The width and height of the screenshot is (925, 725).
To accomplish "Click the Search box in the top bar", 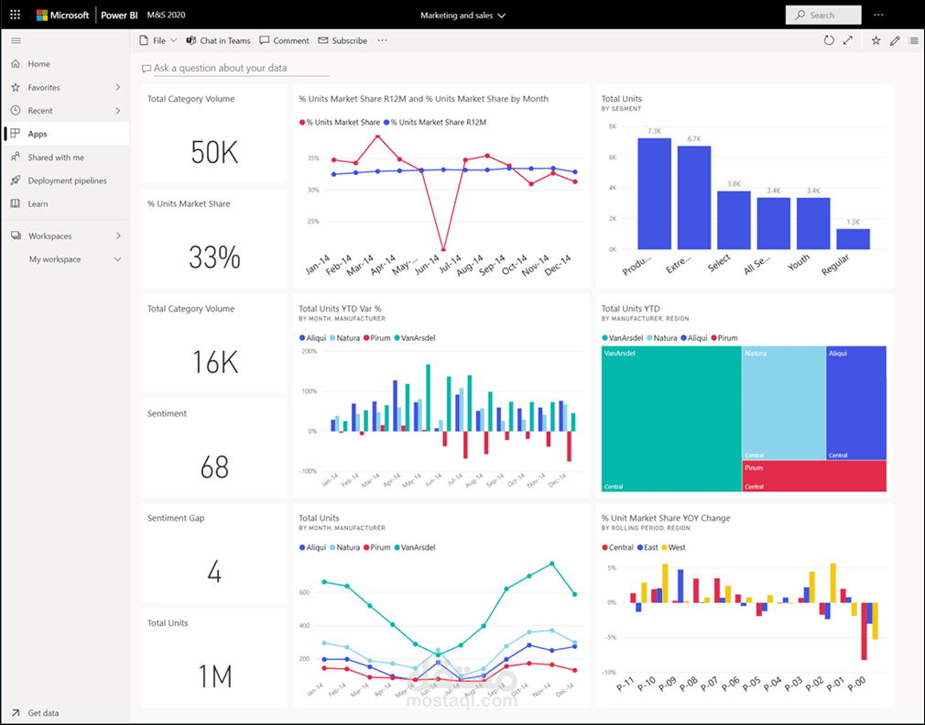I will pos(822,15).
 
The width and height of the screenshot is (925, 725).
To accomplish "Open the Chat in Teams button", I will pos(218,40).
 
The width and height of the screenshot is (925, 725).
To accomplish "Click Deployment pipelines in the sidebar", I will pos(67,181).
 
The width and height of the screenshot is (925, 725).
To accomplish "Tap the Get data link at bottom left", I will pos(44,712).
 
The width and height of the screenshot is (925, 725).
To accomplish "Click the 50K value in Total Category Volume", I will pos(214,153).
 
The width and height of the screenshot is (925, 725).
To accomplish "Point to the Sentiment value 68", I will pos(214,467).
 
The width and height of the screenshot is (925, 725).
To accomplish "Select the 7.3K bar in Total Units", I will pos(654,193).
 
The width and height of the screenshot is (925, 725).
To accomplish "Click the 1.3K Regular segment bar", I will pos(853,238).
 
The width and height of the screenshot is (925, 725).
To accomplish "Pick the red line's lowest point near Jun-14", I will pos(444,249).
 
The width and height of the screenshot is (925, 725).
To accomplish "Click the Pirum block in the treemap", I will pos(813,477).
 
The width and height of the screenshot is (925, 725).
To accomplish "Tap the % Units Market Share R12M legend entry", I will pos(435,122).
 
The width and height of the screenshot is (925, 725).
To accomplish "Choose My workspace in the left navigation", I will pos(55,259).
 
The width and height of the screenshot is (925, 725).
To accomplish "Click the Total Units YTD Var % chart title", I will pos(340,309).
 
